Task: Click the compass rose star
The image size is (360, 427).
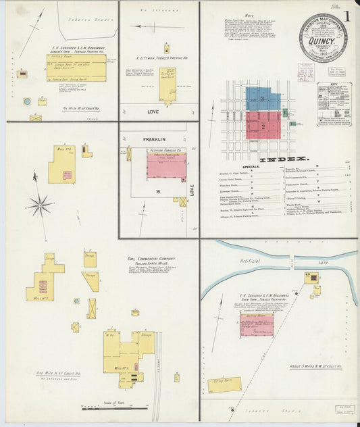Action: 40,203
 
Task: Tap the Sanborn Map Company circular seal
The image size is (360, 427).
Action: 323,38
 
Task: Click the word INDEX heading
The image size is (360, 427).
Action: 284,159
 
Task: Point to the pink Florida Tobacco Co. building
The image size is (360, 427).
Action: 166,165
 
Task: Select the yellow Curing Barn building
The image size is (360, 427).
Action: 224,384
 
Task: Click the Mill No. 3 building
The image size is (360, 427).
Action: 62,164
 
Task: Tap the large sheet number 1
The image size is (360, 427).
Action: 347,16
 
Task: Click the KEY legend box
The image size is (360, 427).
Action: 334,103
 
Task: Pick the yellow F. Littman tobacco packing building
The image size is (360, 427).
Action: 168,90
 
